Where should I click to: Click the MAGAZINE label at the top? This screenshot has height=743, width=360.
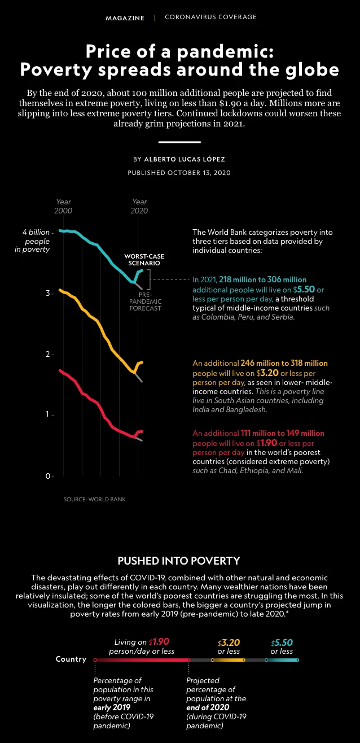click(125, 18)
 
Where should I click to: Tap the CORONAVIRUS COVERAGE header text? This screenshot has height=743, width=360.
click(211, 17)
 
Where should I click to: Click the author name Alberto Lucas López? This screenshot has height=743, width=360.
click(185, 159)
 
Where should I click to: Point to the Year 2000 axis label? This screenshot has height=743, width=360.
click(63, 206)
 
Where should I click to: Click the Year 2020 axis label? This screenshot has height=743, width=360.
click(139, 206)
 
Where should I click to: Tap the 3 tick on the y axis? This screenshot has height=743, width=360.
click(48, 293)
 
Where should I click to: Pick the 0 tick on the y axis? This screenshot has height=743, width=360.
click(48, 476)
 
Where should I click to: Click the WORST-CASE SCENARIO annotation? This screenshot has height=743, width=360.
click(144, 260)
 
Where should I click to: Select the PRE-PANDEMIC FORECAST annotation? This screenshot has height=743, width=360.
click(145, 301)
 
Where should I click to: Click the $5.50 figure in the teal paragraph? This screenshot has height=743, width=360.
click(304, 289)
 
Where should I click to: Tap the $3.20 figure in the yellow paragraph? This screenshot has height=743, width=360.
click(267, 373)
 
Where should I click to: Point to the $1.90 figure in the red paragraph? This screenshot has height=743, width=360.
click(266, 443)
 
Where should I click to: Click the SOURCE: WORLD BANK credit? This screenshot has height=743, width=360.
click(94, 499)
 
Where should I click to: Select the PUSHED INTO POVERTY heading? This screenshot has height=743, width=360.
click(179, 561)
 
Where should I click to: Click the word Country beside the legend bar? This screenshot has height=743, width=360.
click(71, 659)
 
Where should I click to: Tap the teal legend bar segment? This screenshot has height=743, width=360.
click(282, 660)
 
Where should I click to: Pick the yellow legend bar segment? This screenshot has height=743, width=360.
click(228, 660)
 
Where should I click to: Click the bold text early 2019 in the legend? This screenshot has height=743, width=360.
click(112, 707)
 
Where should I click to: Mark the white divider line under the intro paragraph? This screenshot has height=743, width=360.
click(179, 142)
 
